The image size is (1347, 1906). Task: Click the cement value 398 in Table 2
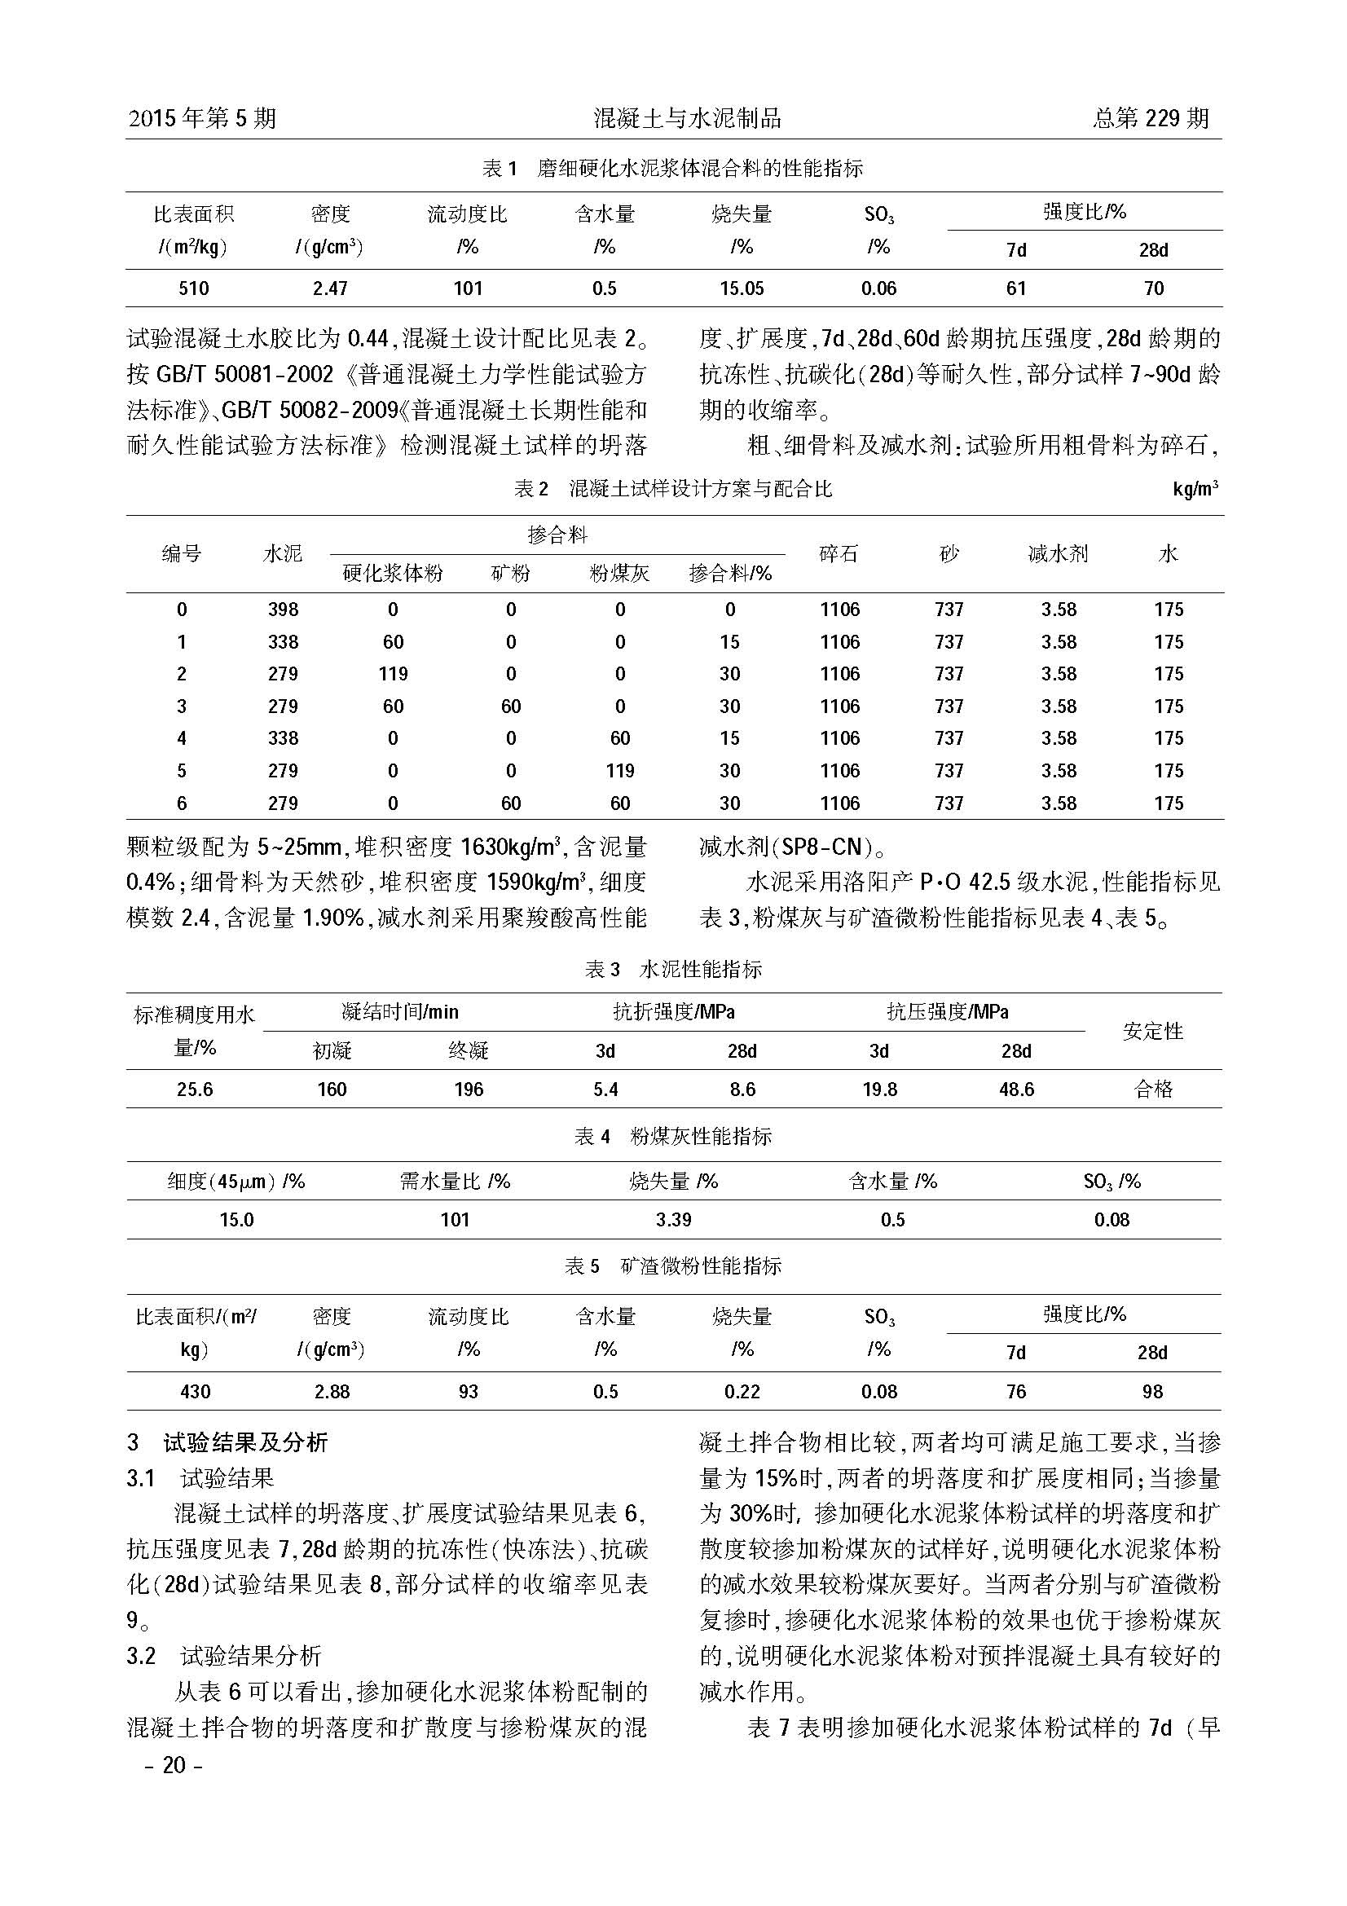tap(283, 610)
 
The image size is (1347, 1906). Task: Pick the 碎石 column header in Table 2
tap(839, 553)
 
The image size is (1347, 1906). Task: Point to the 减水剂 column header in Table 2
tap(1059, 553)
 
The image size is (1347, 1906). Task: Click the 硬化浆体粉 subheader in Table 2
tap(393, 574)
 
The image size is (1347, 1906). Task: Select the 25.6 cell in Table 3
tap(194, 1089)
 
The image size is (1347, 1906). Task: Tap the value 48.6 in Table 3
tap(1016, 1089)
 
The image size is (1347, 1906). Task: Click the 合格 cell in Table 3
tap(1153, 1089)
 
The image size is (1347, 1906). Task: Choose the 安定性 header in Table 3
tap(1153, 1031)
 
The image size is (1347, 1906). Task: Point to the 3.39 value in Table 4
tap(673, 1220)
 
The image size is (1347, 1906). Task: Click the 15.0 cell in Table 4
tap(236, 1220)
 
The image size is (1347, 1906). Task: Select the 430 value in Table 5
tap(194, 1391)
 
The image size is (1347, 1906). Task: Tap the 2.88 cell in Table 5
tap(331, 1391)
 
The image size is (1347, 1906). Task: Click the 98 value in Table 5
tap(1152, 1391)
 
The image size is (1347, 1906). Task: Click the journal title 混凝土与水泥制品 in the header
tap(687, 119)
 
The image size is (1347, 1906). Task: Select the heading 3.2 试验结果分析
tap(224, 1656)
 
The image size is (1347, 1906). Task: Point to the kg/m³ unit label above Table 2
tap(1195, 489)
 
